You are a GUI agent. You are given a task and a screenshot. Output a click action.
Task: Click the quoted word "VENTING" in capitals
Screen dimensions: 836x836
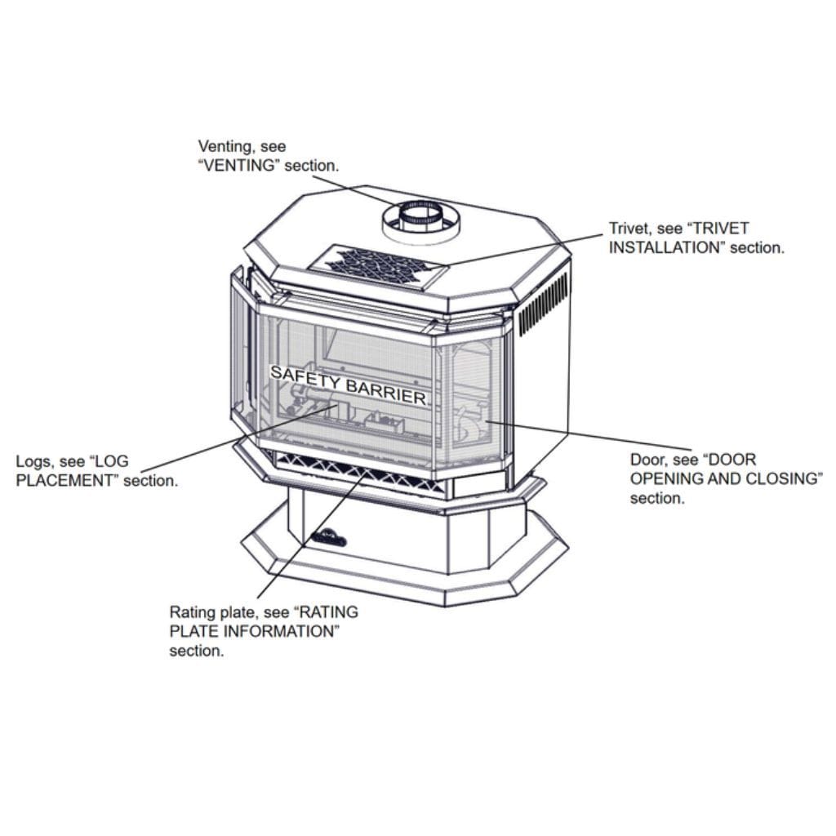click(245, 166)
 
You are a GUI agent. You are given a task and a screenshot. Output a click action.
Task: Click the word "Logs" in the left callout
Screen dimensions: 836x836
click(34, 461)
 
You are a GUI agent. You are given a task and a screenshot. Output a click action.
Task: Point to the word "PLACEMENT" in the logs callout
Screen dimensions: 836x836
click(68, 480)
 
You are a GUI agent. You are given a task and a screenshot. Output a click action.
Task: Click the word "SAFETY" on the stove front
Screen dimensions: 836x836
click(301, 376)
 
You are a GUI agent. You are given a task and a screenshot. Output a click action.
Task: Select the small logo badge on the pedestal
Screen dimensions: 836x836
click(328, 538)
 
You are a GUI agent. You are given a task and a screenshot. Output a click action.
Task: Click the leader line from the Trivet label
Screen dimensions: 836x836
click(531, 250)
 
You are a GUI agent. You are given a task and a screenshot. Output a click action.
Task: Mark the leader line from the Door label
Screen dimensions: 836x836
click(555, 434)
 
